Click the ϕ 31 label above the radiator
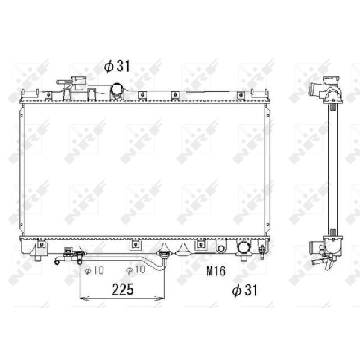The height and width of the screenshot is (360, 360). (x=117, y=66)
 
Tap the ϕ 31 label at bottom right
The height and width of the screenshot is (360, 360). (x=245, y=290)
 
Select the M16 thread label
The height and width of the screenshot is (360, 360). (x=216, y=271)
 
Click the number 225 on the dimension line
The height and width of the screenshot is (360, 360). (x=122, y=289)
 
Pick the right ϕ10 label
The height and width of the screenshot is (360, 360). (x=135, y=270)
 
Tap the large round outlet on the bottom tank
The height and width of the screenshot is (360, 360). (x=244, y=248)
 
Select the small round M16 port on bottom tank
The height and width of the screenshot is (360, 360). (x=221, y=248)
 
